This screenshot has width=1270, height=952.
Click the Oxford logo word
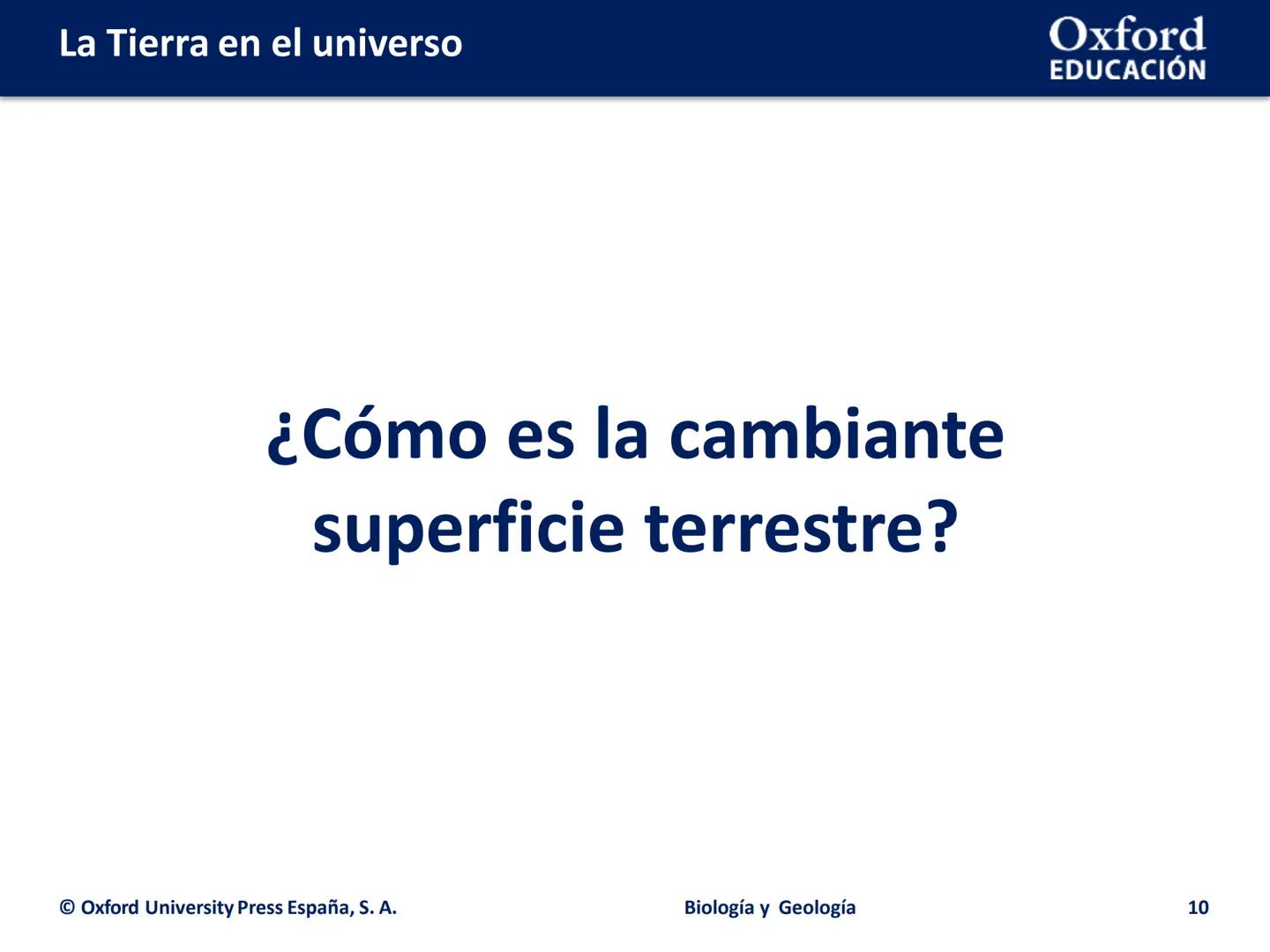[1126, 35]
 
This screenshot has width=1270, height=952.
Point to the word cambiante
[836, 435]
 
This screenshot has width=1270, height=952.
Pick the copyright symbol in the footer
[67, 908]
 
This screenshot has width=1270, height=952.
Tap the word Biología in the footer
[718, 908]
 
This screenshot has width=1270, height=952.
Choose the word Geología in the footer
[818, 908]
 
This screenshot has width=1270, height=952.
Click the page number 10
[1198, 908]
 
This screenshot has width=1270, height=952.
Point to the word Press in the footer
[260, 908]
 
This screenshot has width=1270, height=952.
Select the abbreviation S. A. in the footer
[378, 908]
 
